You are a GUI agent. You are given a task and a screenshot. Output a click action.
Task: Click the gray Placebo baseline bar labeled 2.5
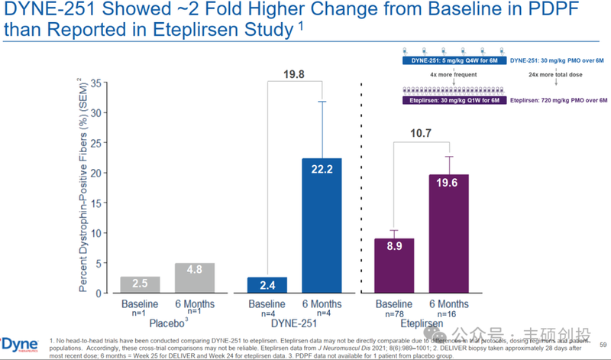(140, 284)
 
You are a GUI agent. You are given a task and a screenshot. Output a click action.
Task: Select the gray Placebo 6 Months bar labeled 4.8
(195, 278)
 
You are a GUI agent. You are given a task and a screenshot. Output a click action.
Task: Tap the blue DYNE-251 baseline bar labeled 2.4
(267, 284)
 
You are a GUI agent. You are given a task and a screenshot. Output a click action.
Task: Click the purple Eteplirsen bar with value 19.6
(448, 233)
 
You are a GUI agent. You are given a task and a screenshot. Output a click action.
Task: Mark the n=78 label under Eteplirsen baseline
(394, 313)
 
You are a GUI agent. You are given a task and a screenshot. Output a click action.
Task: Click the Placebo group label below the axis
(166, 324)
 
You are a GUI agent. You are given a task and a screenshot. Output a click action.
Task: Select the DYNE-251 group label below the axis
(295, 324)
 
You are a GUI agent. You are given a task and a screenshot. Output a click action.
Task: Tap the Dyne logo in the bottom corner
(14, 342)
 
